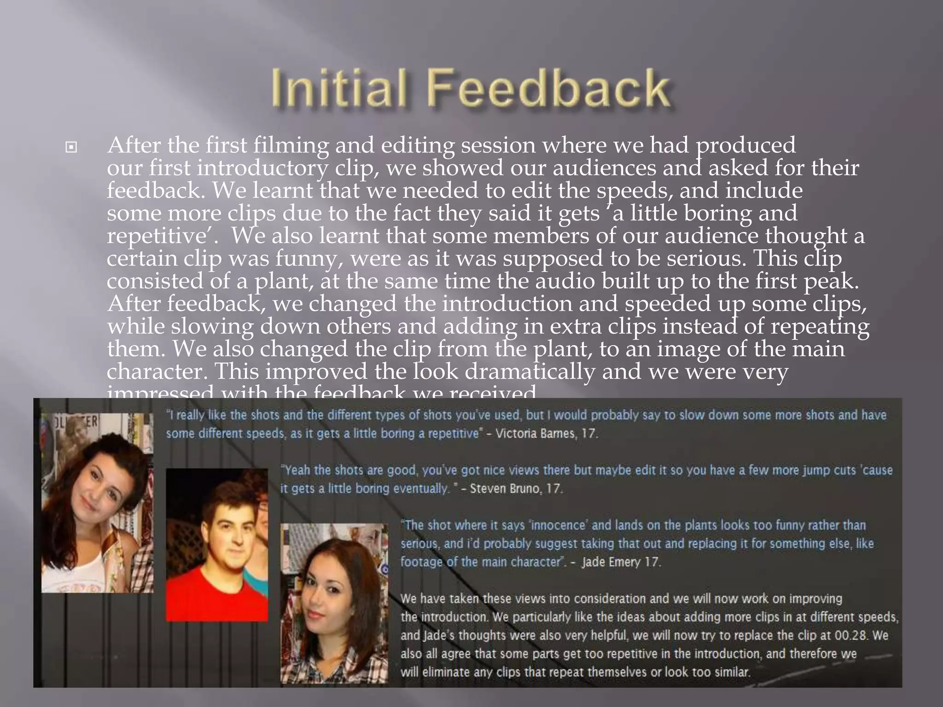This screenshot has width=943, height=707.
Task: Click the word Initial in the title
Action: click(338, 87)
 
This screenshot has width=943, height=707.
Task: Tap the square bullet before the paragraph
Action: click(71, 148)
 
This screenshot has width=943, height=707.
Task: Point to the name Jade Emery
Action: click(611, 562)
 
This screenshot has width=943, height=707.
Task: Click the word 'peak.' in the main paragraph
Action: click(832, 281)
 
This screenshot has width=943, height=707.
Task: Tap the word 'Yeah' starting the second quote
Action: click(298, 470)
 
